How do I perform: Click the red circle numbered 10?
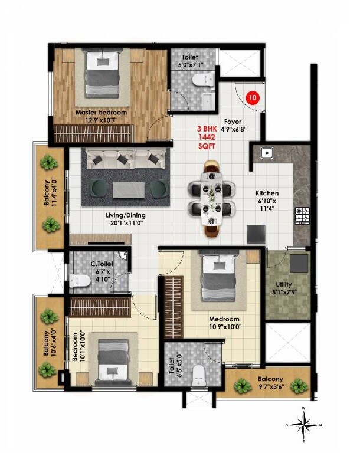pyautogui.click(x=253, y=97)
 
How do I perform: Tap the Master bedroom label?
pyautogui.click(x=101, y=112)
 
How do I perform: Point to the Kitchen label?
pyautogui.click(x=267, y=193)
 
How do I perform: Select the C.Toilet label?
pyautogui.click(x=98, y=263)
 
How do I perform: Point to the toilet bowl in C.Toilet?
pyautogui.click(x=77, y=280)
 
